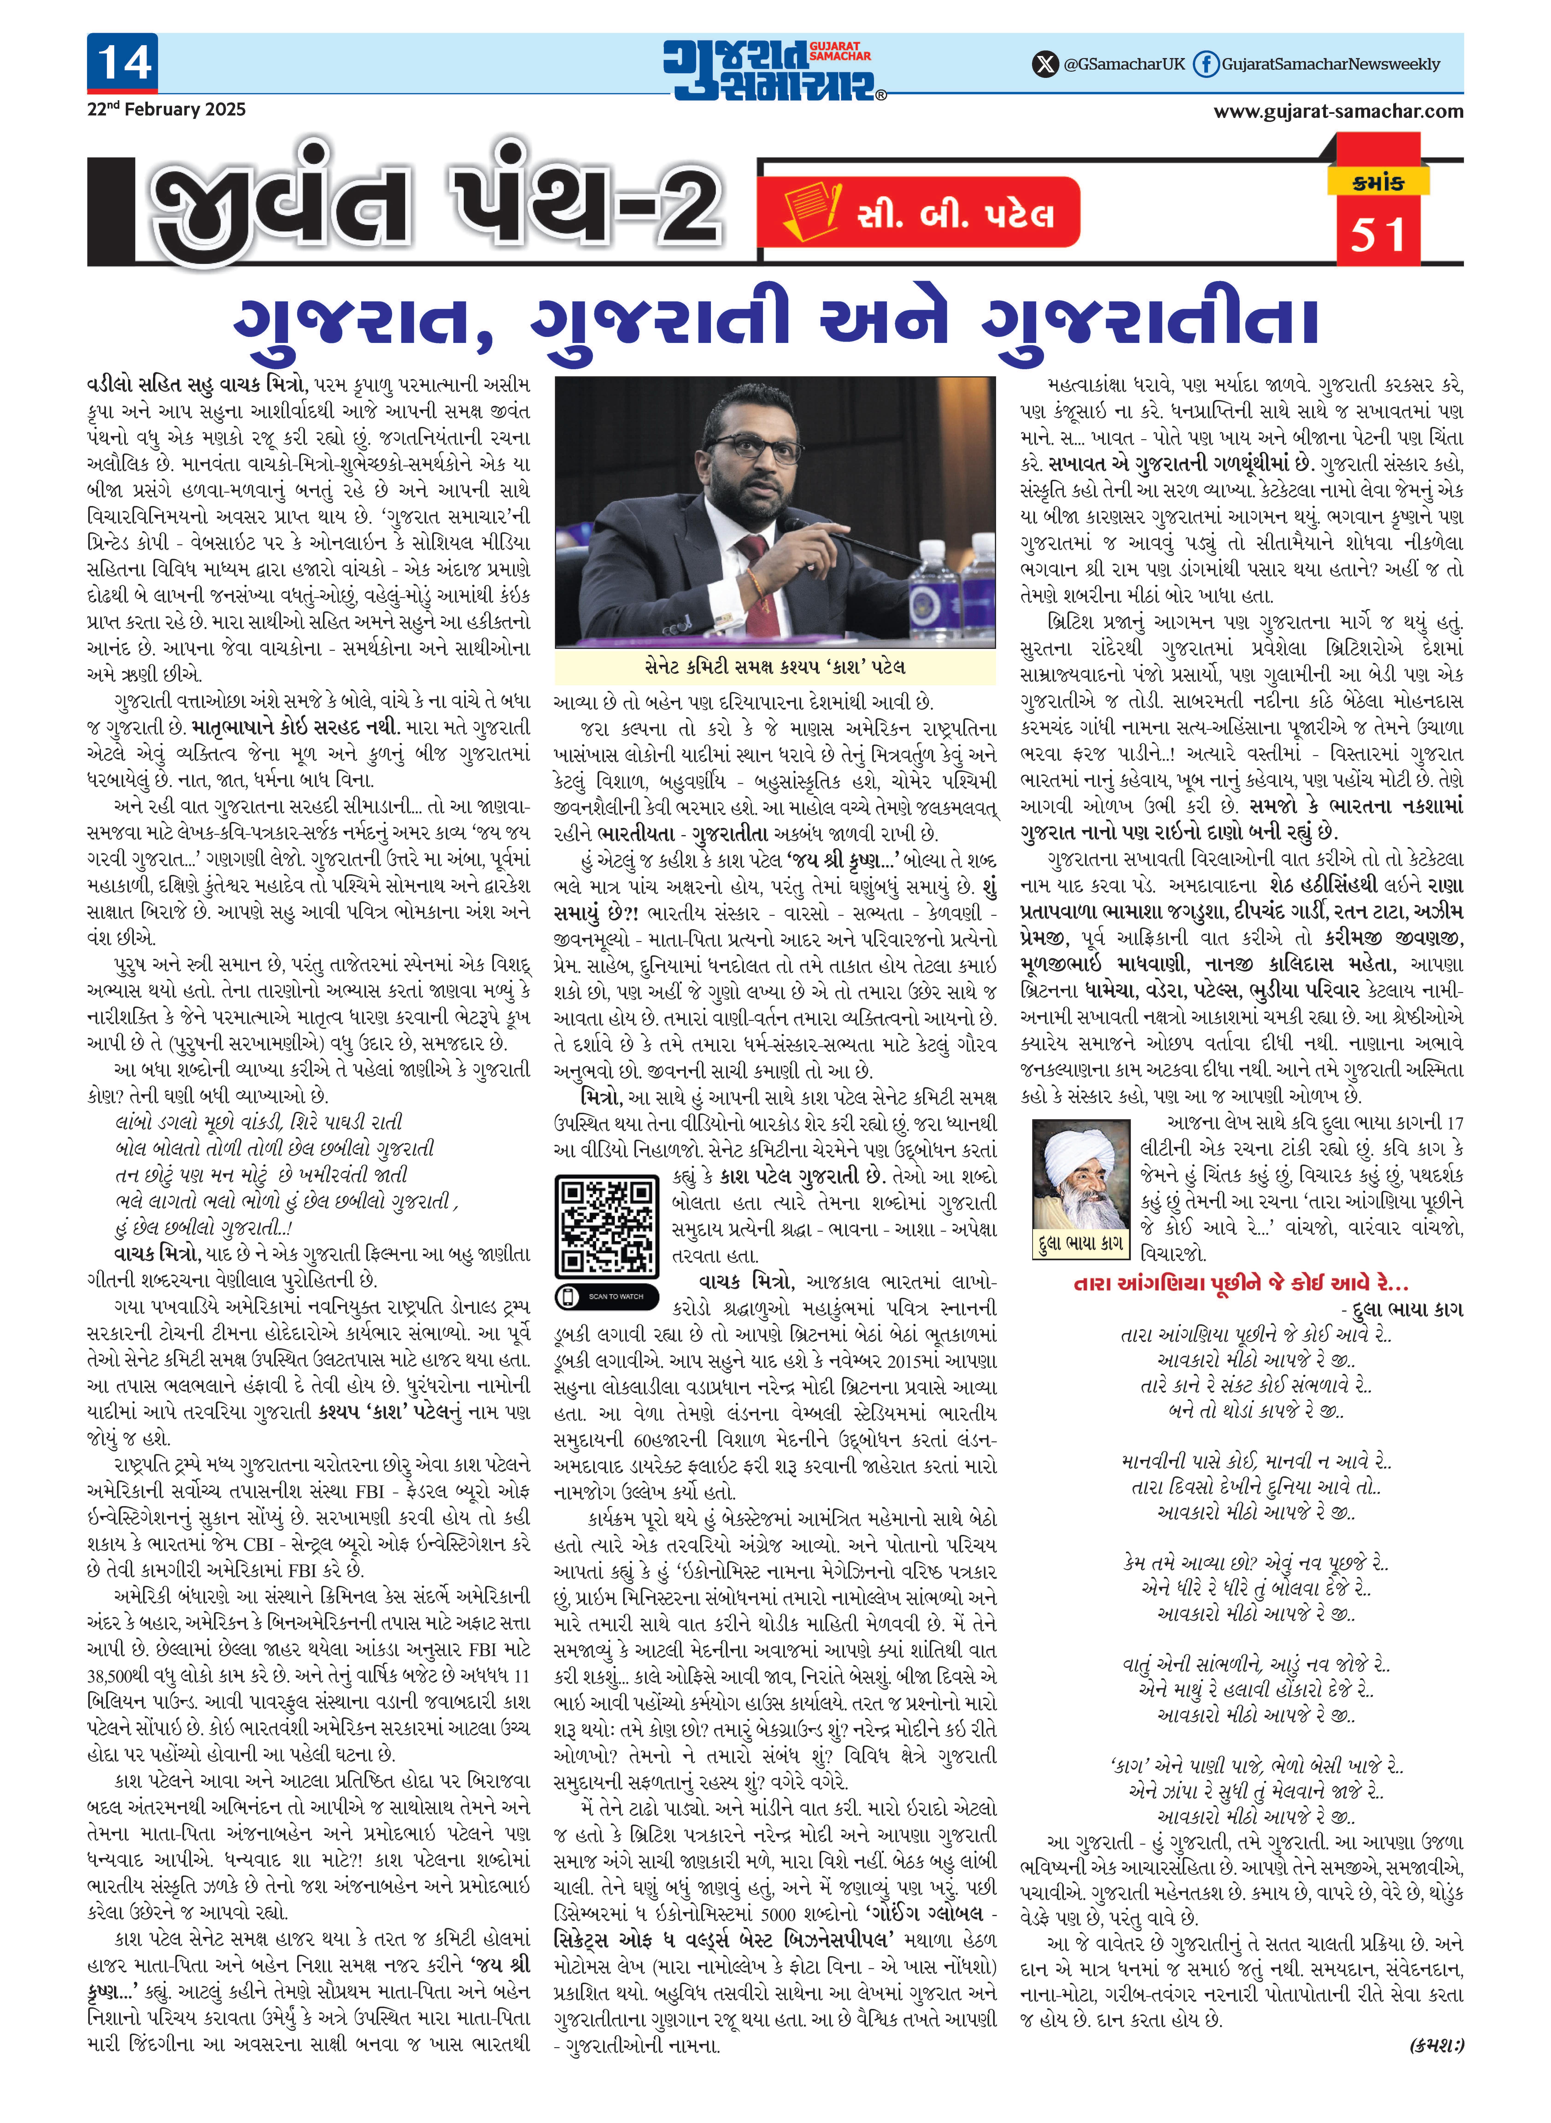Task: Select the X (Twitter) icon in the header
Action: pyautogui.click(x=1044, y=64)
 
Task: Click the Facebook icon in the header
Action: pyautogui.click(x=1205, y=64)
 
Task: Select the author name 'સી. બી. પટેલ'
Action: pyautogui.click(x=956, y=214)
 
